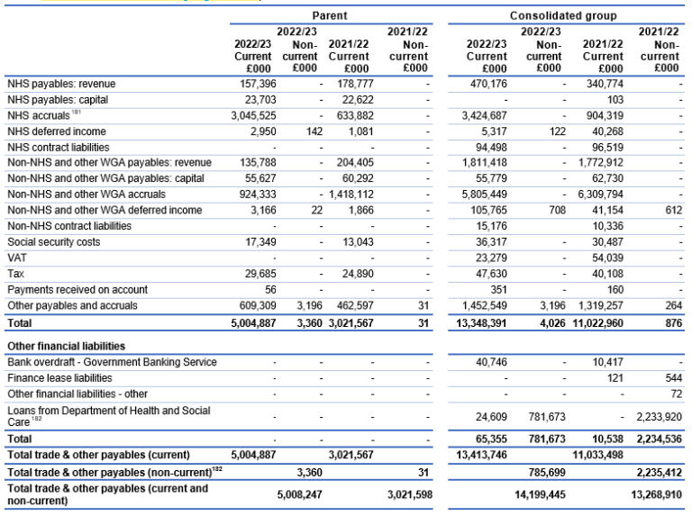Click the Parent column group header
coord(330,16)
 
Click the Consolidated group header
coord(563,16)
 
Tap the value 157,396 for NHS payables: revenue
coord(254,84)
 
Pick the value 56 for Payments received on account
coord(267,289)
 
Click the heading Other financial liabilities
coord(66,345)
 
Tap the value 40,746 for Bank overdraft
coord(492,362)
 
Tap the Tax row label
coord(15,273)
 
